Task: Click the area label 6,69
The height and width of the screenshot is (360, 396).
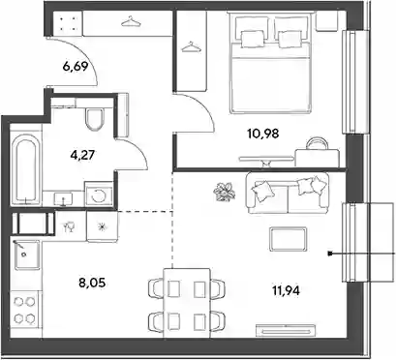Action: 76,68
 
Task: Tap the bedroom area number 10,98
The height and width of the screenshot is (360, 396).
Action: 262,133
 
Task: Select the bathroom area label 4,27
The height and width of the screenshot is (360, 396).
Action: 82,155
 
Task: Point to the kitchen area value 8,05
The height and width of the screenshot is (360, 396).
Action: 92,284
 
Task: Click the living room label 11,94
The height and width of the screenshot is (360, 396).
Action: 286,291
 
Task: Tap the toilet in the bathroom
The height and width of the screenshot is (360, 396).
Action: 95,118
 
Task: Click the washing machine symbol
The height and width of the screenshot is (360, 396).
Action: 99,195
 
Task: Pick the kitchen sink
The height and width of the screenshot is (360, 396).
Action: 27,255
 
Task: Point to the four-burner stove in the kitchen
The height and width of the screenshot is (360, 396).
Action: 24,310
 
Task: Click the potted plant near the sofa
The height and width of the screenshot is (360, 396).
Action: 225,192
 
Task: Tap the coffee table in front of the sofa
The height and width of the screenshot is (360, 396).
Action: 288,239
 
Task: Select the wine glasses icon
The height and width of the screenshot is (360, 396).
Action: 70,226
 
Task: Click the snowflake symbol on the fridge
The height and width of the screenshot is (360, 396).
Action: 102,227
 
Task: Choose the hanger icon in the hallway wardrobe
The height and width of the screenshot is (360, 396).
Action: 131,21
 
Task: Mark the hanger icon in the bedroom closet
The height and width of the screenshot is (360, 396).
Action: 191,46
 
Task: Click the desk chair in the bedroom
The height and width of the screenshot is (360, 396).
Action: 317,144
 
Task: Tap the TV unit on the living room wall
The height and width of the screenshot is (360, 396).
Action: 286,330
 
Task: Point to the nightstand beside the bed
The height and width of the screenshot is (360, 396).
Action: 326,21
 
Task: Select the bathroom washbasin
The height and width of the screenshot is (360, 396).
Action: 63,198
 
